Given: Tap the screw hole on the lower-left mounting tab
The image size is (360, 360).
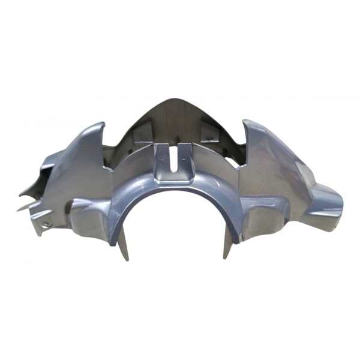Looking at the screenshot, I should click(x=44, y=223).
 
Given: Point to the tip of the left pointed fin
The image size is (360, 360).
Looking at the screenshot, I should click(x=103, y=124).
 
